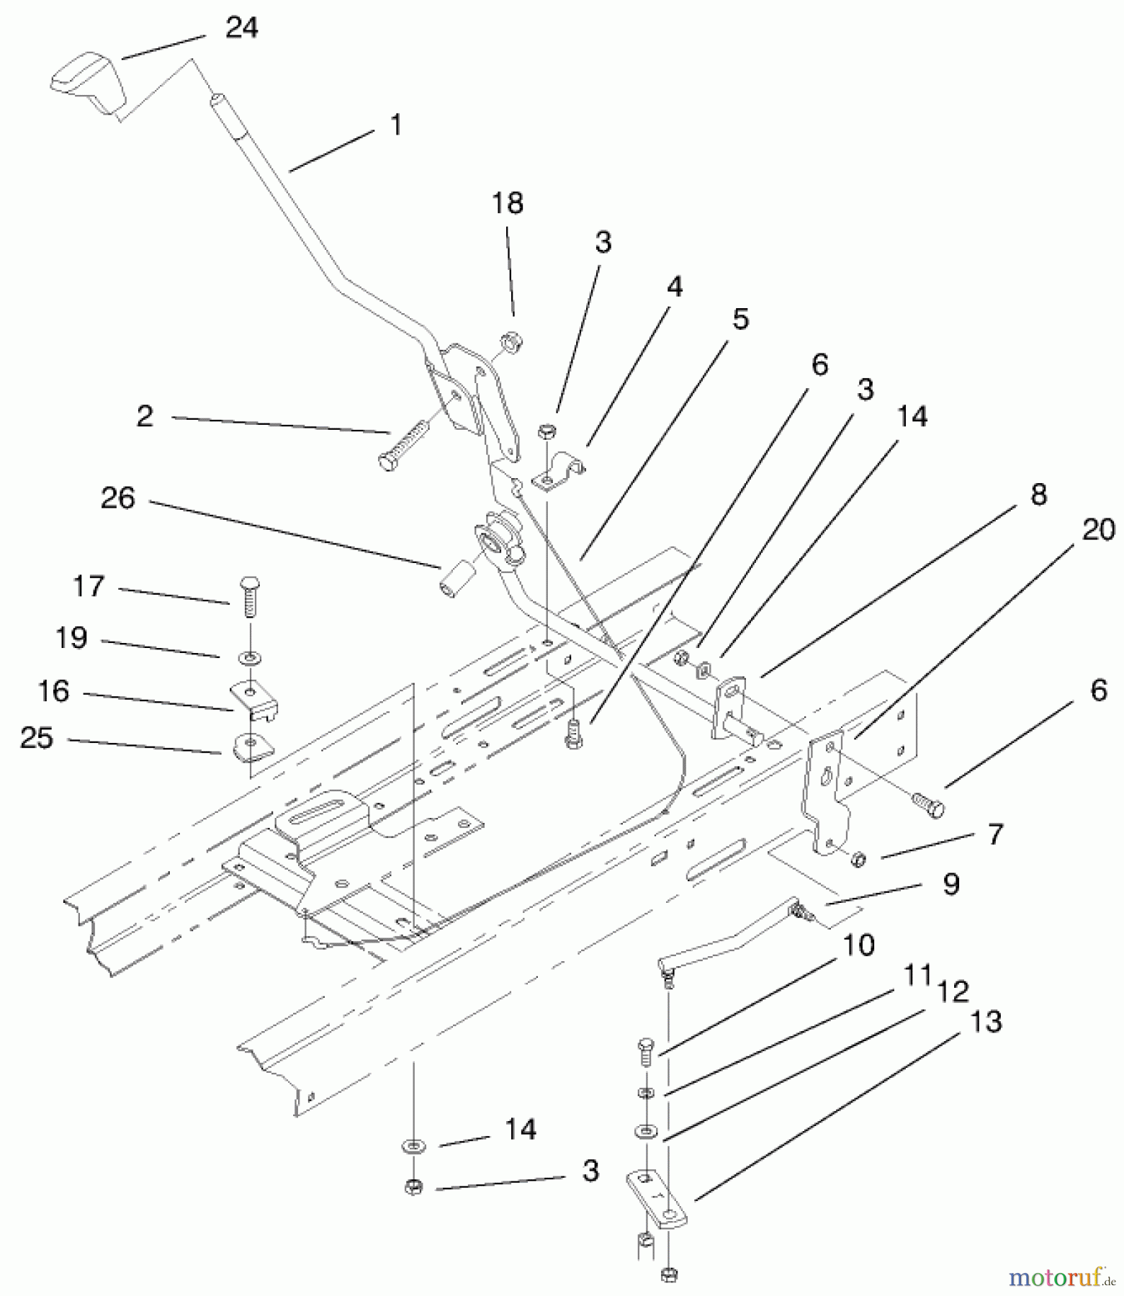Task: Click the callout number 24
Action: click(x=241, y=29)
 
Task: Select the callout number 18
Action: click(x=507, y=204)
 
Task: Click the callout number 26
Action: click(x=118, y=498)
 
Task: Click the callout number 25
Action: click(x=37, y=738)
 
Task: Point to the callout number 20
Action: click(x=1098, y=530)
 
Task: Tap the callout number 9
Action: click(x=951, y=883)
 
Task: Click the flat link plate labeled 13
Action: click(x=657, y=1199)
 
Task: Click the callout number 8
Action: click(x=1038, y=495)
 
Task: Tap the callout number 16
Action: click(x=53, y=691)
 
